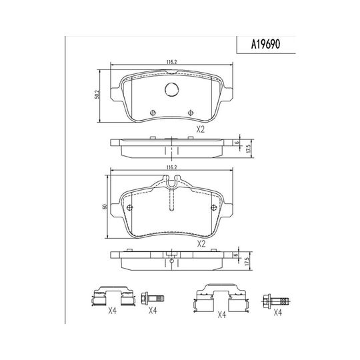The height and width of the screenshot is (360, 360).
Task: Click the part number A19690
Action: coord(265,44)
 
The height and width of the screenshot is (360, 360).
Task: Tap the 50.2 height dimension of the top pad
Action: coord(97,95)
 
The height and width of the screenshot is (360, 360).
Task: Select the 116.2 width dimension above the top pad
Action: coord(171,62)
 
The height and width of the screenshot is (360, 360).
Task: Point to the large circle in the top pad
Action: coord(171,89)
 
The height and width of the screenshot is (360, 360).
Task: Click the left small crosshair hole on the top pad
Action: coord(153,113)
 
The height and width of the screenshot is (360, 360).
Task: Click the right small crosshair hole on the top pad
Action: coord(191,113)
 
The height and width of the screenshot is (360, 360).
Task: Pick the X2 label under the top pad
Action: coord(200,130)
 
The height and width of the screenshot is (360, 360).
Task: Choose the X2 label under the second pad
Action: coord(201,244)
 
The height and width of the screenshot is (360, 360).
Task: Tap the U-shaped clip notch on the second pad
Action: coord(171,182)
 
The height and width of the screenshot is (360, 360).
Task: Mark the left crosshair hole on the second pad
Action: coord(130,207)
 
